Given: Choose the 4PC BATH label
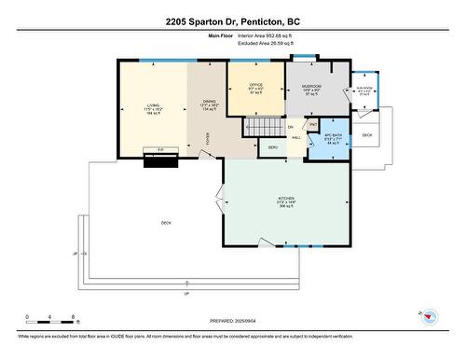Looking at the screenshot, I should click(335, 137).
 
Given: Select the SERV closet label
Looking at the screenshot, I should click(273, 147).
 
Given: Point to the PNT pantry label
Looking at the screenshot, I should click(313, 124).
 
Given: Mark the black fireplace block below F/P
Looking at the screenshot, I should click(159, 159).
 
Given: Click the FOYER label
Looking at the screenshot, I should click(207, 138).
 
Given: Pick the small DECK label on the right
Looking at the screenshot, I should click(367, 135).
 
